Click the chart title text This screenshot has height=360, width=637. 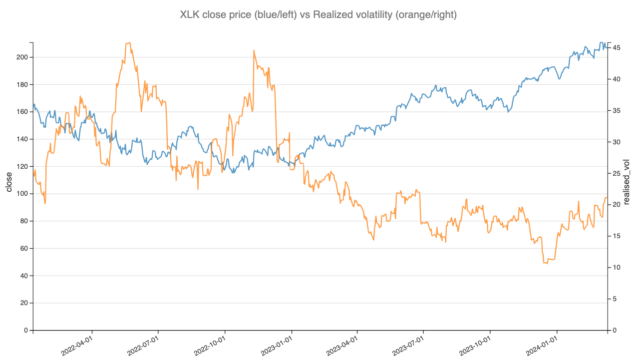318,15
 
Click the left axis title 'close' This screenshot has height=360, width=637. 9,182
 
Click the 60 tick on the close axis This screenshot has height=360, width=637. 24,249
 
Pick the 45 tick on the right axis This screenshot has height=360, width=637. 617,47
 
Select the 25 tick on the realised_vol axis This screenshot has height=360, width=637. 617,173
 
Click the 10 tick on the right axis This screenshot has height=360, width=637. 617,268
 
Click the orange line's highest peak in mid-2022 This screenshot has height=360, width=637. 129,42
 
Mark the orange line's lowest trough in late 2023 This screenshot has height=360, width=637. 547,263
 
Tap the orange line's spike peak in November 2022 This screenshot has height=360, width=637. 254,50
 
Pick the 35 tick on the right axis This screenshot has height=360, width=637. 617,110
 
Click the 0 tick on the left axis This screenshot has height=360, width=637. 26,331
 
